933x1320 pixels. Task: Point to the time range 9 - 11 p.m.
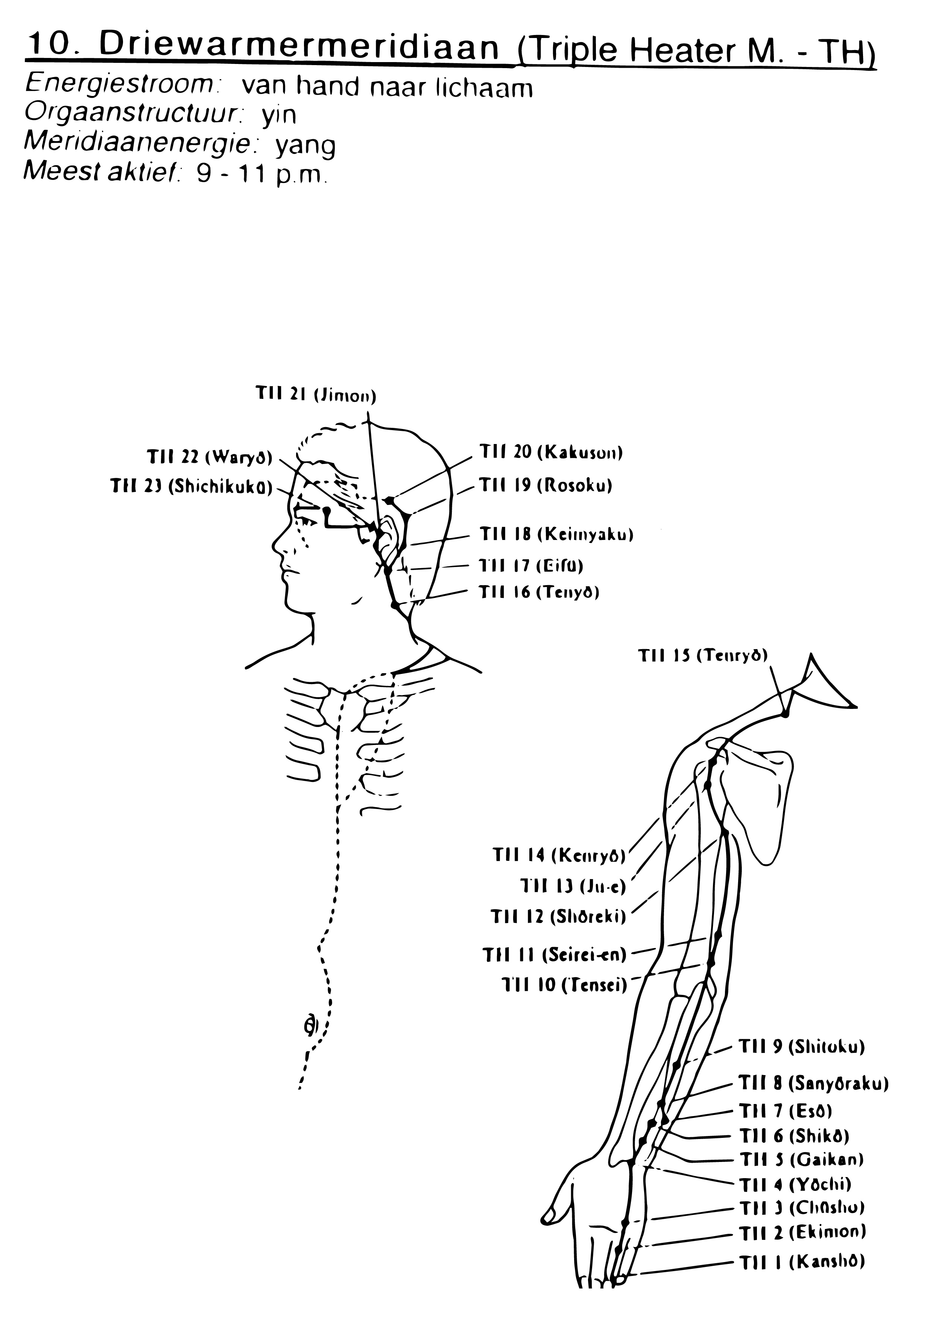(261, 174)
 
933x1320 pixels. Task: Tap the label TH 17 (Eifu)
(531, 566)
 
